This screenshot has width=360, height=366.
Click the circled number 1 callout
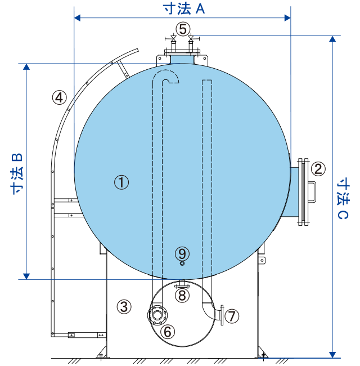(121, 182)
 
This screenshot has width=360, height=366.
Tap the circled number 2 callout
(318, 168)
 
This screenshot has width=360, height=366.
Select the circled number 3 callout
(124, 306)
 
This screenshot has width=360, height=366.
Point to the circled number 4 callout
(59, 97)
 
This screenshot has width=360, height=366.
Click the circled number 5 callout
(183, 29)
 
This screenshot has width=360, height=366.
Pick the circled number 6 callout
(168, 332)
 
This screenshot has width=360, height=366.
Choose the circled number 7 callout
(232, 316)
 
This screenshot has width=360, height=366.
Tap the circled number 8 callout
(182, 295)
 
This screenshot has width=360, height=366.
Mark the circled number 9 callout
(182, 253)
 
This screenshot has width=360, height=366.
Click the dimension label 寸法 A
(184, 9)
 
